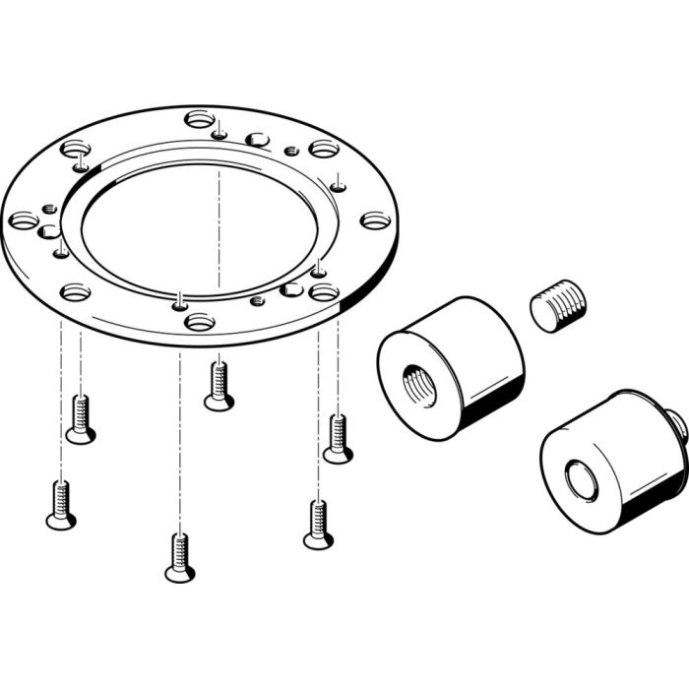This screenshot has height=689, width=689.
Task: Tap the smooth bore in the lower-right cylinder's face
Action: [580, 480]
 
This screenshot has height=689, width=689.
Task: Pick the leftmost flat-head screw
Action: [61, 504]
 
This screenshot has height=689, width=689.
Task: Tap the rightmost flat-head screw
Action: [338, 439]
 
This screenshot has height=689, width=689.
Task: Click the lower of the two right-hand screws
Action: [317, 524]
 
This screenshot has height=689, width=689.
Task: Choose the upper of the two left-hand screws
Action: [81, 418]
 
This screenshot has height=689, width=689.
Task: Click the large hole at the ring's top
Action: [200, 120]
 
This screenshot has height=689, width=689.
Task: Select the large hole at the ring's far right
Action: [375, 220]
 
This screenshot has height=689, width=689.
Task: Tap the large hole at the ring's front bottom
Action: [200, 321]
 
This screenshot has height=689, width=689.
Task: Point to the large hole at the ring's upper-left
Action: [76, 150]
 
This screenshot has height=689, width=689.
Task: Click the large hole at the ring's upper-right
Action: [324, 150]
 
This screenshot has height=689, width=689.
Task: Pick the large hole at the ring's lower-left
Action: [76, 292]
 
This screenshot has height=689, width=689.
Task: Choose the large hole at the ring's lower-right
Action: [324, 292]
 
